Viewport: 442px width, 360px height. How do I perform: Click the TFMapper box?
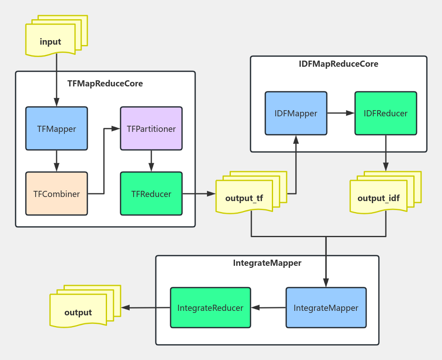pos(57,129)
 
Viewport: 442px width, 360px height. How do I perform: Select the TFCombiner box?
pos(57,194)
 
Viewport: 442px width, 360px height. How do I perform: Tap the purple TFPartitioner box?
pos(151,129)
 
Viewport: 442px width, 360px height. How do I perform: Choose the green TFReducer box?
pos(151,194)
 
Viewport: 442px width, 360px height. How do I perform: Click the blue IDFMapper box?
pos(296,113)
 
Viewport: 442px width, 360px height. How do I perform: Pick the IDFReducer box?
pos(385,113)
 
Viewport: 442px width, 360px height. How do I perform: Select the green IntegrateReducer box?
pos(210,308)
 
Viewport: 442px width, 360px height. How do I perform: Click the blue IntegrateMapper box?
pos(326,308)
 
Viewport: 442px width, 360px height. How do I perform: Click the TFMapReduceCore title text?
pos(105,84)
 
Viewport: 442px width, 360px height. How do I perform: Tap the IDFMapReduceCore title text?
pos(338,64)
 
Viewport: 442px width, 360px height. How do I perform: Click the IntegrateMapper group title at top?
pos(267,263)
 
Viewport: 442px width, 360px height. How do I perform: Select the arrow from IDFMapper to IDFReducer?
pos(341,113)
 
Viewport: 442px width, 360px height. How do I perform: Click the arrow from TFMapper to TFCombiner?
pos(57,161)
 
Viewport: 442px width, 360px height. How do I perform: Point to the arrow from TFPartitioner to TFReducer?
pos(151,161)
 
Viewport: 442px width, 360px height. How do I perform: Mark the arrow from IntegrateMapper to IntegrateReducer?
pos(268,308)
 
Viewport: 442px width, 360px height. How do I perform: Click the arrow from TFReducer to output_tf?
pos(199,194)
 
